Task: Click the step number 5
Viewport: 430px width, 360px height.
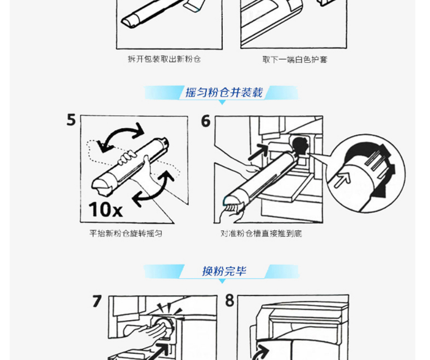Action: [x=71, y=120]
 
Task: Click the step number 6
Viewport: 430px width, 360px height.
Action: [x=206, y=121]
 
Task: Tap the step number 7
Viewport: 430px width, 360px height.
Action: [x=97, y=301]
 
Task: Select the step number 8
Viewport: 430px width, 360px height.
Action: [x=230, y=301]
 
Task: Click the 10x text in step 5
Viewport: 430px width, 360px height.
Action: [x=106, y=210]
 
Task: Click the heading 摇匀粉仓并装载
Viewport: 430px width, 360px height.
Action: [x=224, y=92]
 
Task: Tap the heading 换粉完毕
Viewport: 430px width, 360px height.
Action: [x=224, y=271]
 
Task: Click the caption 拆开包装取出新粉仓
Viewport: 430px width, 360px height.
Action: [x=164, y=59]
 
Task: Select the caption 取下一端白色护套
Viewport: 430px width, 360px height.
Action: [x=295, y=59]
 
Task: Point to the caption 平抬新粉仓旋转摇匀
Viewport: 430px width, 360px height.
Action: [x=126, y=234]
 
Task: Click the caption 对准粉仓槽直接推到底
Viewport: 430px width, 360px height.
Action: [x=261, y=234]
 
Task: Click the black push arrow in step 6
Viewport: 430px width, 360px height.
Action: [x=258, y=152]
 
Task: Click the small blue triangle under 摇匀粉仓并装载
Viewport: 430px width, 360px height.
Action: [x=222, y=102]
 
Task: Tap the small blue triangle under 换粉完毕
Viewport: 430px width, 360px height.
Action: [x=222, y=281]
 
